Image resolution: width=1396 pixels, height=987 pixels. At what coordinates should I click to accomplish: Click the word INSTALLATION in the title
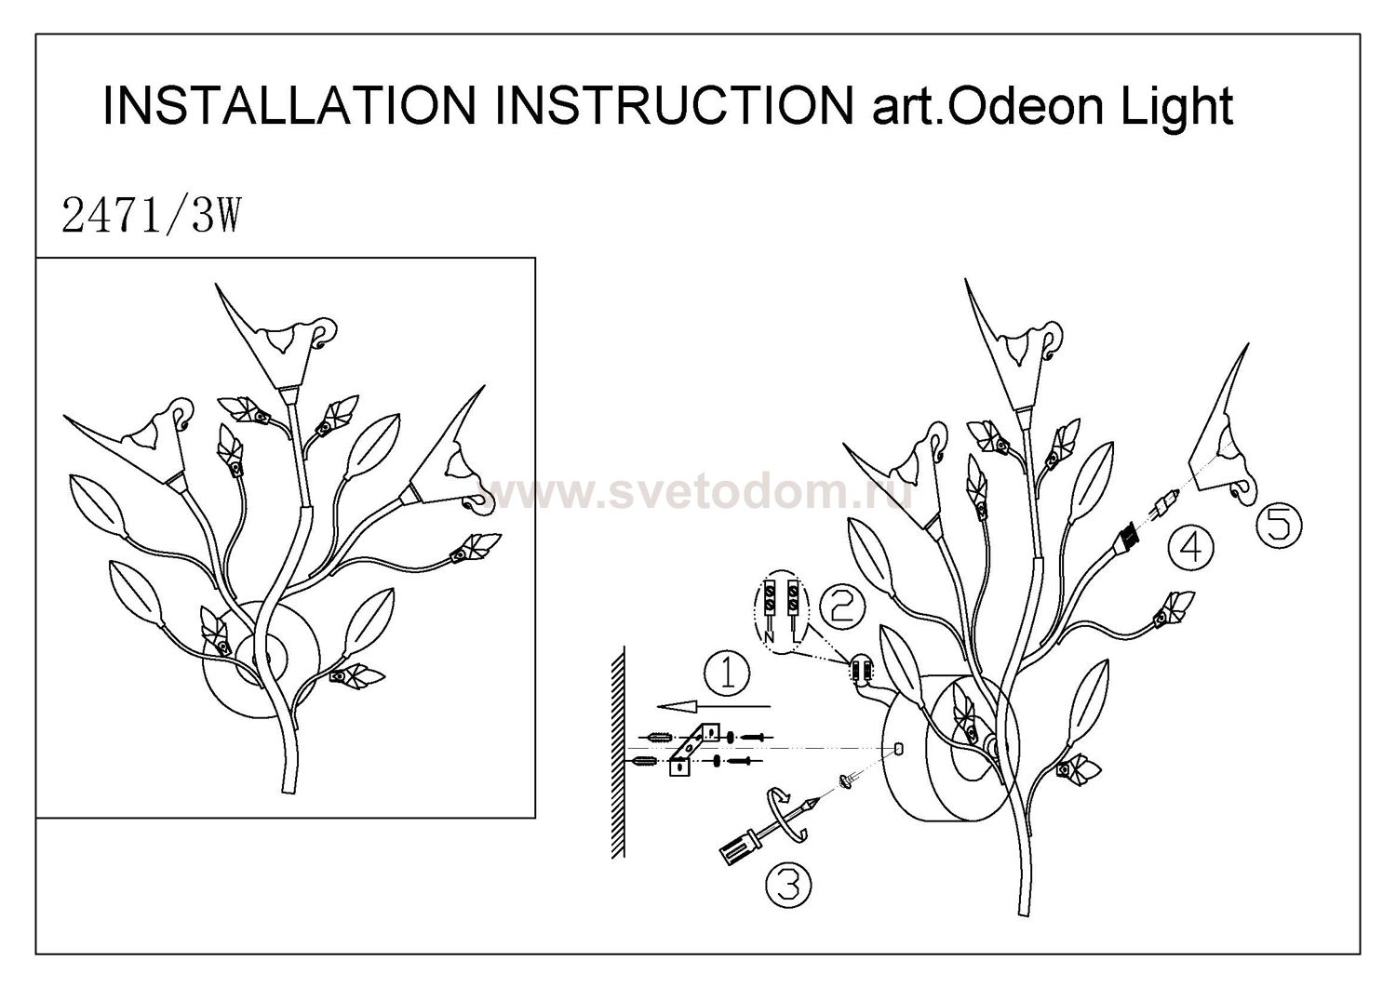tap(289, 106)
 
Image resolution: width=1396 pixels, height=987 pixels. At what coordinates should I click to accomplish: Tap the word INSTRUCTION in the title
tap(674, 106)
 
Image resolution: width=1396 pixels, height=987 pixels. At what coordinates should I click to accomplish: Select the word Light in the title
tap(1176, 107)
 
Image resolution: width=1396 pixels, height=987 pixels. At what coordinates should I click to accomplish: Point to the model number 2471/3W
tap(151, 216)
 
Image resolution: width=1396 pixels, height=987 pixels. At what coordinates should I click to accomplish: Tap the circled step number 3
tap(787, 885)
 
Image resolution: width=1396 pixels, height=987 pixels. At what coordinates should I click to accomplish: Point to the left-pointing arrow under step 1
tap(714, 706)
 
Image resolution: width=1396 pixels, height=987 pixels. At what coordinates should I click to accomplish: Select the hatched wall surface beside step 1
tap(618, 752)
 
